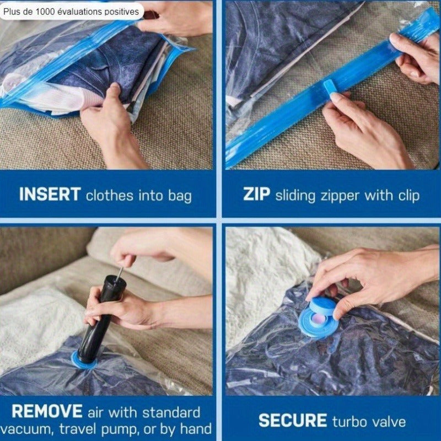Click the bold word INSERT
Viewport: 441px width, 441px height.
tap(50, 194)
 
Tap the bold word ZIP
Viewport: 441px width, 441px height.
tap(256, 194)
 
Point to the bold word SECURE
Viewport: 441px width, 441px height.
tap(293, 421)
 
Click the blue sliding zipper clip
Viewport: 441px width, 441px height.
tap(330, 87)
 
